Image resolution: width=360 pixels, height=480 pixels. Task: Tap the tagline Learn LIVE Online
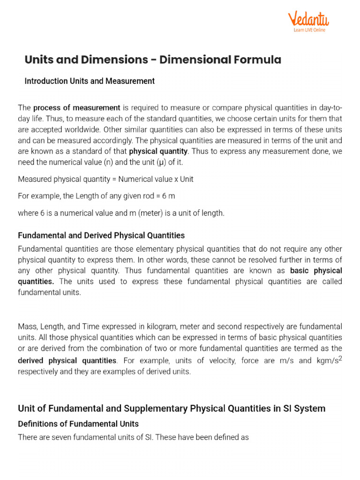pos(309,30)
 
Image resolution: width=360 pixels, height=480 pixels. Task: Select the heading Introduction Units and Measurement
pos(90,81)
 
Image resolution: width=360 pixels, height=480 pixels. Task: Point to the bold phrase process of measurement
pos(77,107)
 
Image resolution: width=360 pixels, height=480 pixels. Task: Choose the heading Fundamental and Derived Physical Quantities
pos(101,235)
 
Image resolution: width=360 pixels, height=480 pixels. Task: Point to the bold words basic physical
pos(316,270)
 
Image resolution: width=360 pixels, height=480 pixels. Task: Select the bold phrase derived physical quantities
pos(67,360)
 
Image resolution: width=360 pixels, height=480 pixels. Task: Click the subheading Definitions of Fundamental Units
pos(78,424)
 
